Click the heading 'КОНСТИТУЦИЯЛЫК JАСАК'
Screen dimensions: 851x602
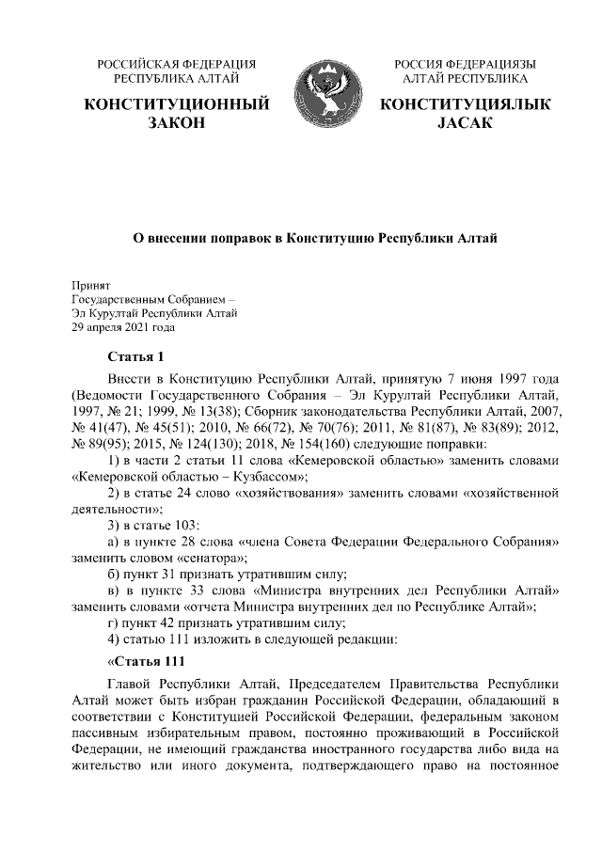[x=465, y=114]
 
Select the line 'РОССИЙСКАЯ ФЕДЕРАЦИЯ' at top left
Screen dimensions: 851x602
[x=177, y=64]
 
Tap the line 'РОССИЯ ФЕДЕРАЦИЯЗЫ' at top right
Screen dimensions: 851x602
[x=465, y=64]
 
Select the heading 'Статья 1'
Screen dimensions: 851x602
[x=136, y=356]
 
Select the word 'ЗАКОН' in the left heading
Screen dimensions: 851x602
[x=177, y=124]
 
